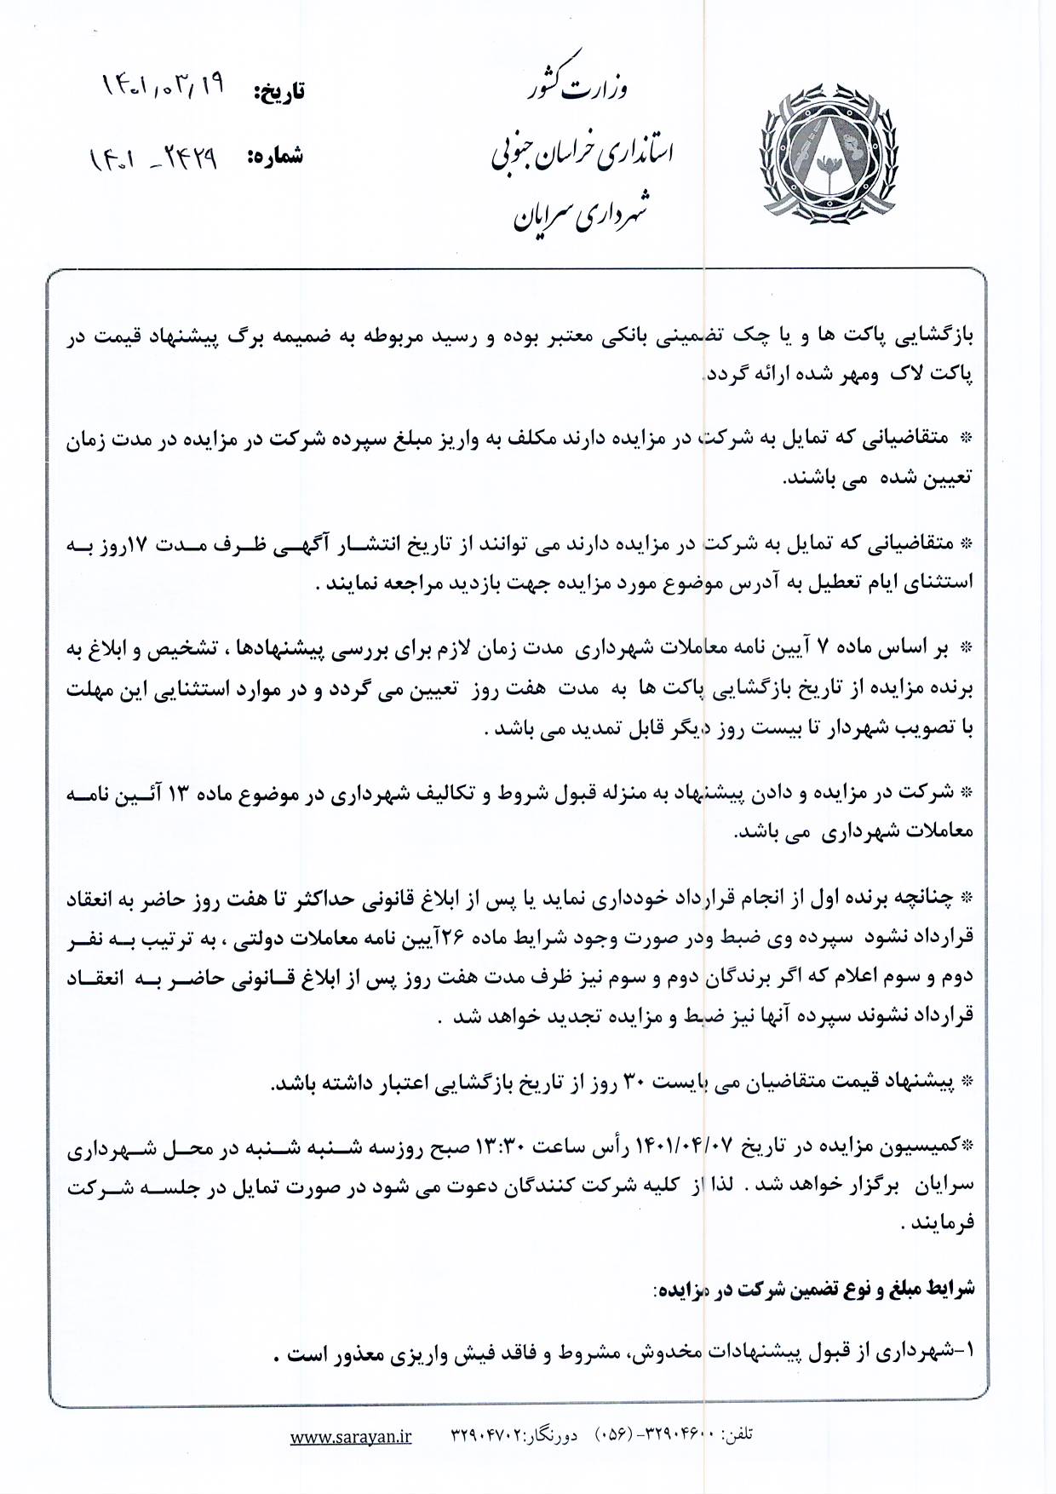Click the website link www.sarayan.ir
click(x=351, y=1436)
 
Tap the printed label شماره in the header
click(x=274, y=157)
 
